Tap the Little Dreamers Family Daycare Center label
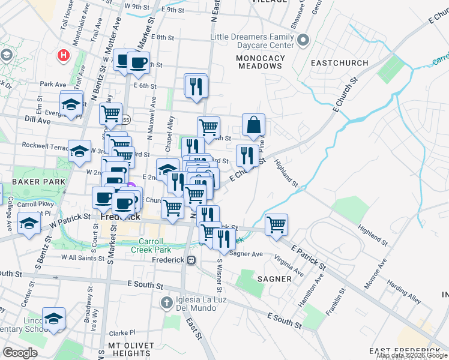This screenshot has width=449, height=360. coord(252,41)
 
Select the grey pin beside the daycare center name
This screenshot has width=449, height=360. coord(303,41)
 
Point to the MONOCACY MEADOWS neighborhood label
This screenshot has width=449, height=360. coord(259,62)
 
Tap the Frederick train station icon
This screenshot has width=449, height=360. coord(191,260)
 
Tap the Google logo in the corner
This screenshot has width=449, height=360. coord(20,352)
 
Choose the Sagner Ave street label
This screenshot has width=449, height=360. coord(247,254)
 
